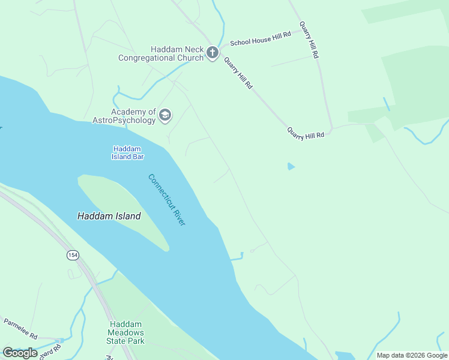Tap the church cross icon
click(x=212, y=53)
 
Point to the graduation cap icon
click(x=165, y=115)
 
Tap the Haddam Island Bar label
click(x=128, y=152)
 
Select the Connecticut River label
click(x=167, y=200)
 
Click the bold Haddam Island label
click(x=109, y=216)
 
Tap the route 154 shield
click(x=73, y=255)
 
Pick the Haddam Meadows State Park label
click(x=126, y=332)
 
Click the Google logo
click(x=20, y=353)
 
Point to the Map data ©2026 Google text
click(x=412, y=355)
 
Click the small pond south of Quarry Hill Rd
click(x=291, y=166)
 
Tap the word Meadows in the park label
click(x=126, y=333)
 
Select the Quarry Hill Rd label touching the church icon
click(x=238, y=73)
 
